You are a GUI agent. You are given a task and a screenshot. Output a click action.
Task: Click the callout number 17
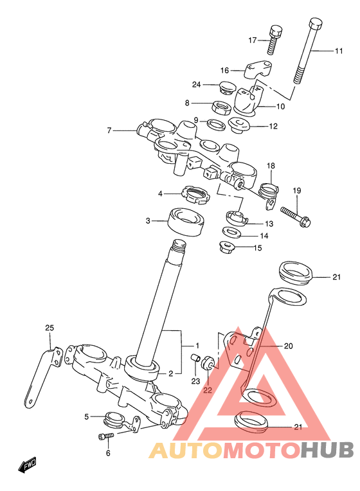click(x=252, y=40)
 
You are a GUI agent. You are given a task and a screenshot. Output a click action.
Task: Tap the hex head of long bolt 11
click(x=316, y=24)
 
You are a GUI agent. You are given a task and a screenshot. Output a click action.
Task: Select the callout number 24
click(x=197, y=85)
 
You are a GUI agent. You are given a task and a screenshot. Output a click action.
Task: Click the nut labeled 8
click(x=222, y=107)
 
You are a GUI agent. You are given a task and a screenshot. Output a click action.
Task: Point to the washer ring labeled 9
click(x=216, y=124)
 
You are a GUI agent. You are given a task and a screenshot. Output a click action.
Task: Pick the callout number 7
click(x=109, y=130)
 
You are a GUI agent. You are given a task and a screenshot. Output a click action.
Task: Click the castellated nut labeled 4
click(x=196, y=194)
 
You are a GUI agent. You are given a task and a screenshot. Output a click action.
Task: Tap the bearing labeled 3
click(x=186, y=220)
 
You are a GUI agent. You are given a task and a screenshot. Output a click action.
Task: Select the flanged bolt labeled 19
click(x=296, y=216)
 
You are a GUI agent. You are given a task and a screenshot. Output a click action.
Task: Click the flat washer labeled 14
click(x=232, y=232)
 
